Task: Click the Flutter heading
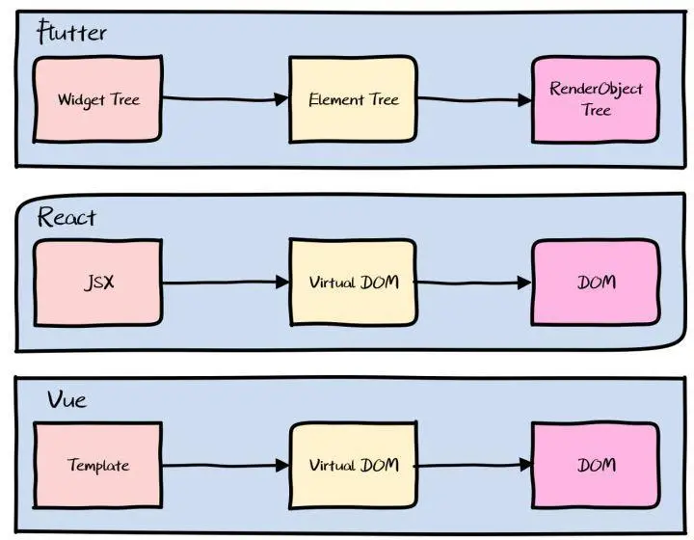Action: pos(71,32)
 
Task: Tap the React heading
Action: pos(67,217)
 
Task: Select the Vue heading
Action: pos(67,399)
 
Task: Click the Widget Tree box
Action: pos(97,99)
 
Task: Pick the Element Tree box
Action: pos(353,99)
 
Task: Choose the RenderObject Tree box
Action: pos(596,99)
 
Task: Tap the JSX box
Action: pos(98,283)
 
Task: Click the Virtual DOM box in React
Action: pos(353,283)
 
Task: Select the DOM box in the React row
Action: pos(596,283)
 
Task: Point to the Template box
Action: pos(98,465)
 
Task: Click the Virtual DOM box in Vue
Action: pos(353,465)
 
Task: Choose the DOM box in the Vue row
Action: pos(596,465)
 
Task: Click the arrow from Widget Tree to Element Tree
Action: pos(226,99)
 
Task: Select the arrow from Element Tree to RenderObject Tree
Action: pos(474,100)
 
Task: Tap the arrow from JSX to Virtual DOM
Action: pos(226,282)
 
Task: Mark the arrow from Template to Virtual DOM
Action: pos(226,465)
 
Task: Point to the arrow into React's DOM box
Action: pos(472,282)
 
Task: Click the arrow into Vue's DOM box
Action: pos(472,465)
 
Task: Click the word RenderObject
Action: pos(596,89)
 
